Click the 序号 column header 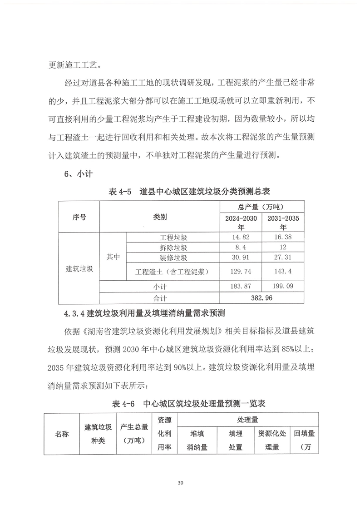[79, 217]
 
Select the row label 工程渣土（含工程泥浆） [172, 272]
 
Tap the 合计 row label [160, 298]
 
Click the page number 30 [180, 482]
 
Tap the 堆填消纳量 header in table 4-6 [197, 440]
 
